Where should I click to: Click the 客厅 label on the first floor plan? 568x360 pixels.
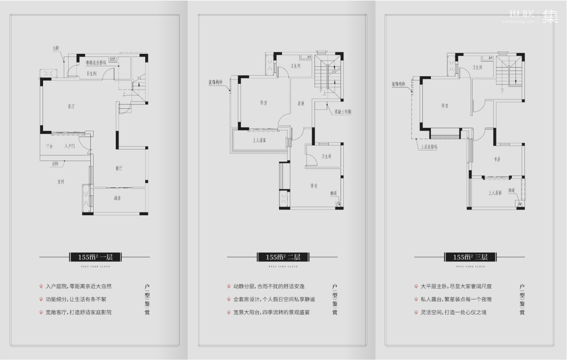click(71, 107)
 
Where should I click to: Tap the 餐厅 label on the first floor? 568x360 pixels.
click(119, 168)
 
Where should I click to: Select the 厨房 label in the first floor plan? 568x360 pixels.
click(117, 198)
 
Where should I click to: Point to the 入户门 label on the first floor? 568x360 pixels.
click(70, 147)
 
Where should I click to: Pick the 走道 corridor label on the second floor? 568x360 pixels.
click(301, 103)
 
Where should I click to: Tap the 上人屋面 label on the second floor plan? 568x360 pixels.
click(259, 140)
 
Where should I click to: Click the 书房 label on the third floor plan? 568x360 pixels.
click(497, 159)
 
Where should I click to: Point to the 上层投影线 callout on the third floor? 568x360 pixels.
click(429, 147)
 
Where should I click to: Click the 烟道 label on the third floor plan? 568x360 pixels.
click(512, 191)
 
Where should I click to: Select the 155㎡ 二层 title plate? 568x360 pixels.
click(282, 257)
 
